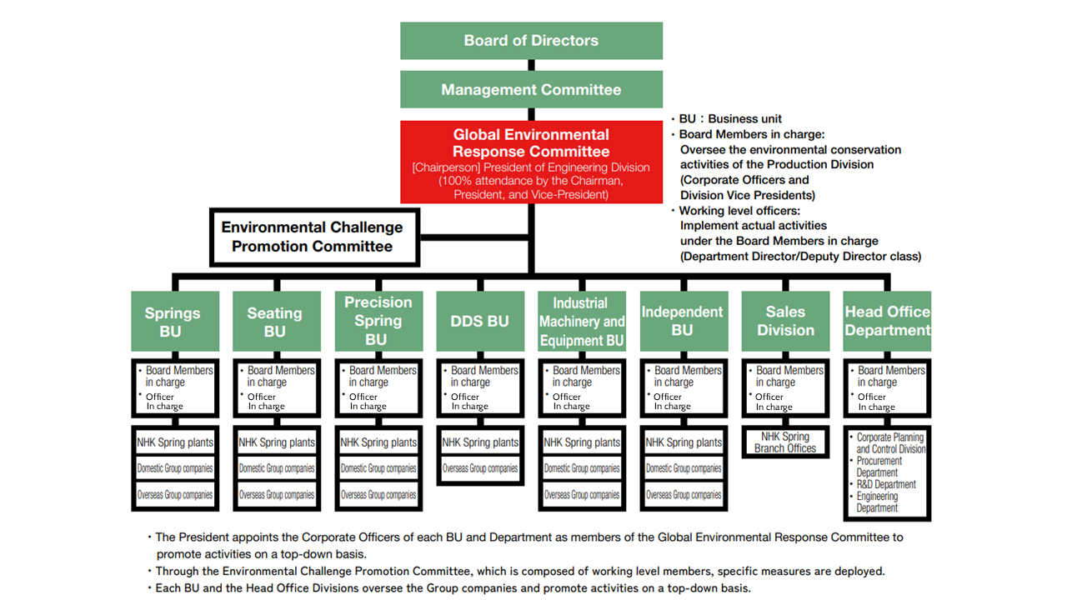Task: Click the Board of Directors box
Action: tap(531, 41)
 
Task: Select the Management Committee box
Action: tap(531, 89)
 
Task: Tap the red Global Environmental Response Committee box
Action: tap(531, 162)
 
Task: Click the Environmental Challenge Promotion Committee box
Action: tap(313, 237)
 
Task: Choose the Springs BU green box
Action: tap(174, 322)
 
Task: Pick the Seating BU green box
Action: tap(276, 322)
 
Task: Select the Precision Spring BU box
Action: tap(378, 322)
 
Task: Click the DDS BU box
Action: tap(479, 322)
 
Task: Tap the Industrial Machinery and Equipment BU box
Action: tap(581, 322)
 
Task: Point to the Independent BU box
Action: tap(683, 322)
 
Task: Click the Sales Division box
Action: tap(785, 322)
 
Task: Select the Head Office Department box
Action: tap(887, 322)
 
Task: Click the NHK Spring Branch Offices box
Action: tap(785, 442)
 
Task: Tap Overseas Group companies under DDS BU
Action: tap(479, 468)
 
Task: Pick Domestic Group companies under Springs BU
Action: tap(174, 468)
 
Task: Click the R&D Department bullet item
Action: tap(886, 484)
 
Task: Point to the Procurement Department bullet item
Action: tap(879, 467)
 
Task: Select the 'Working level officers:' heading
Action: tap(740, 211)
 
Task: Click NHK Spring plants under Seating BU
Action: tap(276, 442)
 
